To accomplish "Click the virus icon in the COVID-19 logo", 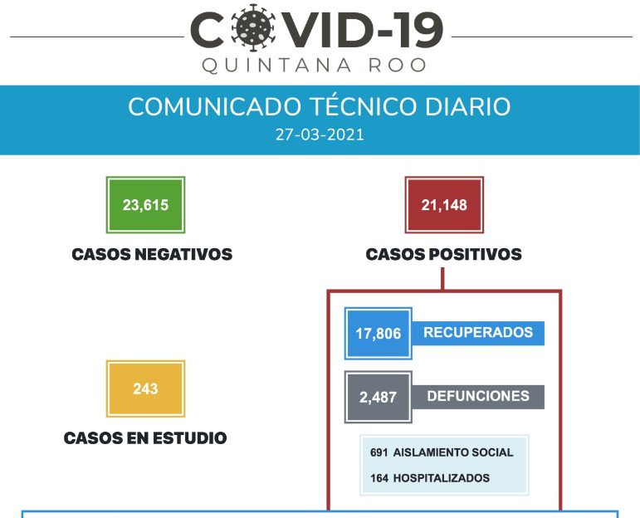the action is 252,27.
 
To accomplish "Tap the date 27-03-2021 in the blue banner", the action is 320,134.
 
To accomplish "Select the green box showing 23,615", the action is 146,205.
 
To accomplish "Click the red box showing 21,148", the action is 444,205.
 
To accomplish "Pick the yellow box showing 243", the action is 146,388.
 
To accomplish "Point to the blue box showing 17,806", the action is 379,334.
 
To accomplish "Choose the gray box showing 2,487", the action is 379,397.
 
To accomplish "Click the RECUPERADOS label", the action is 478,332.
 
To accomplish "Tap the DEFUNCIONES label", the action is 478,396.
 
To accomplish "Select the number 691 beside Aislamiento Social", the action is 379,452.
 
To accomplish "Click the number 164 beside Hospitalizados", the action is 379,478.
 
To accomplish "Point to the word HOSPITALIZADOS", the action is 442,478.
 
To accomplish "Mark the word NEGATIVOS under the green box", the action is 183,254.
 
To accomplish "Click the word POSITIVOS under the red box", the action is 475,254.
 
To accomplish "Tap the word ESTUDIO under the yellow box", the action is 190,438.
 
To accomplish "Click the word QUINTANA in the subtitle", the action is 276,66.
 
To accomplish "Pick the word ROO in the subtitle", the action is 398,66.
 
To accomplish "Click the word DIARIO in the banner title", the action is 467,106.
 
